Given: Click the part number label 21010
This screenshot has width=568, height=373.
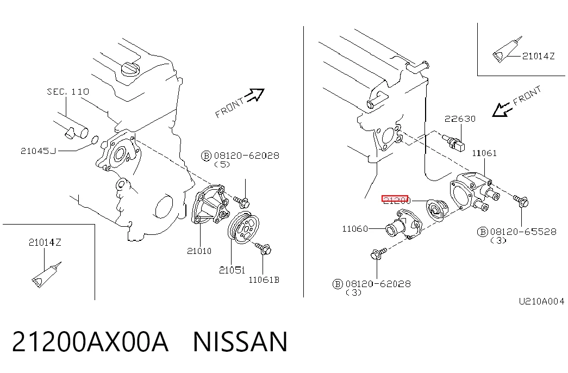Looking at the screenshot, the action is coord(199,251).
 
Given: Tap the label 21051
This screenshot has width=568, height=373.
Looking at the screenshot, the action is coord(232,270).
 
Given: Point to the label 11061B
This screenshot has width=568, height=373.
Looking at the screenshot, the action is coord(264,280).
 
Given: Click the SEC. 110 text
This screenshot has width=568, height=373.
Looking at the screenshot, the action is coord(68,92).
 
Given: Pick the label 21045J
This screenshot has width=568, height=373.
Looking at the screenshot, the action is coord(39,151).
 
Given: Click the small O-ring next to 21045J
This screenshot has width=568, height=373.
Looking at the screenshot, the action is coord(94,140).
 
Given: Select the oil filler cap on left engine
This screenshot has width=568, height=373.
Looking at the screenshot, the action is coord(130,69).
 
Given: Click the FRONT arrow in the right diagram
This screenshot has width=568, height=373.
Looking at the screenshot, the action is coord(502,109).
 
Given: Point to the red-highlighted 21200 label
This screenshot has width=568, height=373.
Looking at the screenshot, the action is coord(395,200).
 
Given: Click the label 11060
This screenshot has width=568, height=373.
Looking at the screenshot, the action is coord(355,229).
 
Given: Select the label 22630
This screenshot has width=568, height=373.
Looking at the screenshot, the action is coord(460,119).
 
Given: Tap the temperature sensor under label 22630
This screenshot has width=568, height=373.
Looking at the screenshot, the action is coord(453,142).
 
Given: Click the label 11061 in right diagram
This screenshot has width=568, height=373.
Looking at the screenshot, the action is coord(484,153).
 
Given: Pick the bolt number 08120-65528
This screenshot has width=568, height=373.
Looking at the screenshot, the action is coord(523,232).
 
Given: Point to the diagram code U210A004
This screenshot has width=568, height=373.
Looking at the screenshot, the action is coord(541,301).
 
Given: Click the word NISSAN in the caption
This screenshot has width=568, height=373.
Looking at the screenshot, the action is coord(240,342).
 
